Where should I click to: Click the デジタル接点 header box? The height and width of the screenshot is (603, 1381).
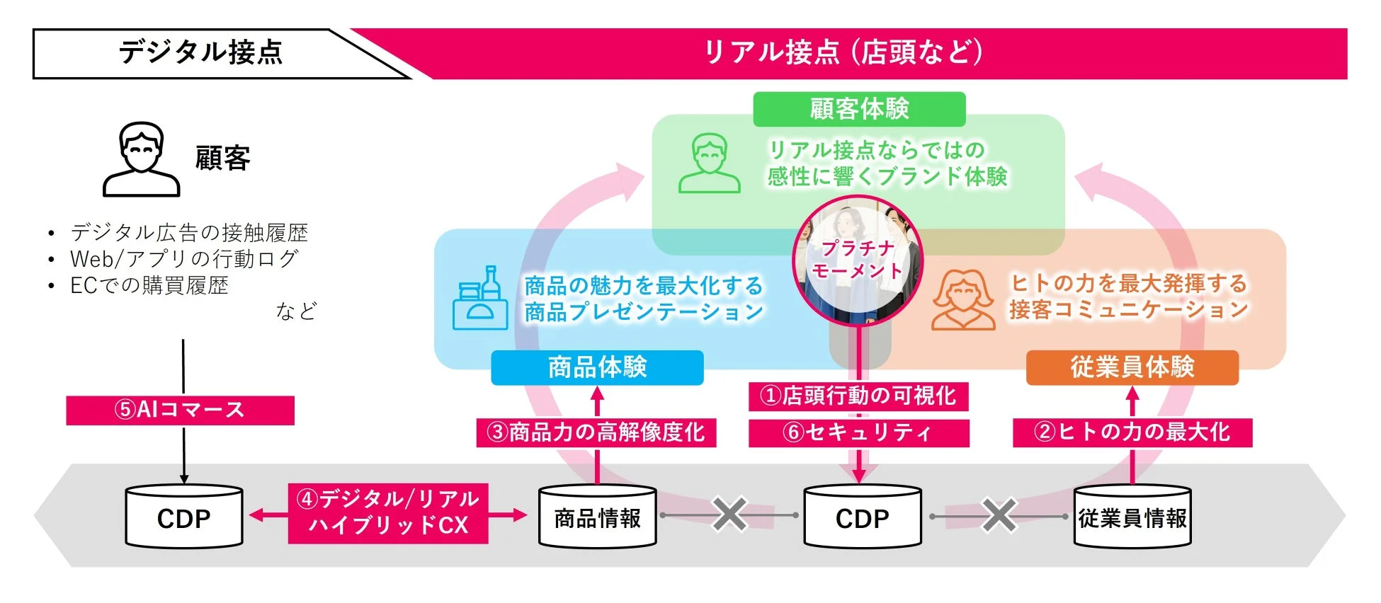pyautogui.click(x=200, y=53)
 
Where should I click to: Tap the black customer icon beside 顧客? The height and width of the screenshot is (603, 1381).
pyautogui.click(x=142, y=159)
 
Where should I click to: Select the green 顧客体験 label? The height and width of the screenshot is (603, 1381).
pyautogui.click(x=858, y=109)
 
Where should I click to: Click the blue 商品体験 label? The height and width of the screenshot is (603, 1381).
pyautogui.click(x=597, y=367)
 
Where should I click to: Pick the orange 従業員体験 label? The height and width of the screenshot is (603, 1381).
pyautogui.click(x=1132, y=367)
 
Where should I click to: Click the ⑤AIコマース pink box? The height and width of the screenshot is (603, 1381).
pyautogui.click(x=180, y=410)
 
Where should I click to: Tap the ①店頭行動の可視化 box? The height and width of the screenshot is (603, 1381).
pyautogui.click(x=858, y=396)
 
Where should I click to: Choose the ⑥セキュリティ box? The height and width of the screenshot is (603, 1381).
pyautogui.click(x=858, y=432)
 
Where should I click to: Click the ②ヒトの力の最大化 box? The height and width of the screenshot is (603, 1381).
pyautogui.click(x=1132, y=432)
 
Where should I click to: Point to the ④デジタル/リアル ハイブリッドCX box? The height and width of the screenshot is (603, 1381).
pyautogui.click(x=388, y=512)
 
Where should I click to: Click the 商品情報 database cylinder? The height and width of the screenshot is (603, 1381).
pyautogui.click(x=597, y=517)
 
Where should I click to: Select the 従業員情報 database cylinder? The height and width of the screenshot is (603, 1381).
pyautogui.click(x=1132, y=517)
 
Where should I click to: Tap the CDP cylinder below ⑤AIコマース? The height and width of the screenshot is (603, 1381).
pyautogui.click(x=184, y=517)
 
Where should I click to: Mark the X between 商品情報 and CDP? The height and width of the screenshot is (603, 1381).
pyautogui.click(x=730, y=515)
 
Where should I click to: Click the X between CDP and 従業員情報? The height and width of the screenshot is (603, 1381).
pyautogui.click(x=999, y=515)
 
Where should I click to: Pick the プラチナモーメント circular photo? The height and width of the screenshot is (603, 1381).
pyautogui.click(x=858, y=260)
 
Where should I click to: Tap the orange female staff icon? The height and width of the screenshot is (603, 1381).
pyautogui.click(x=963, y=300)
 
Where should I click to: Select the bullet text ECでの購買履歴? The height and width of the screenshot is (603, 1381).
pyautogui.click(x=149, y=285)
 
